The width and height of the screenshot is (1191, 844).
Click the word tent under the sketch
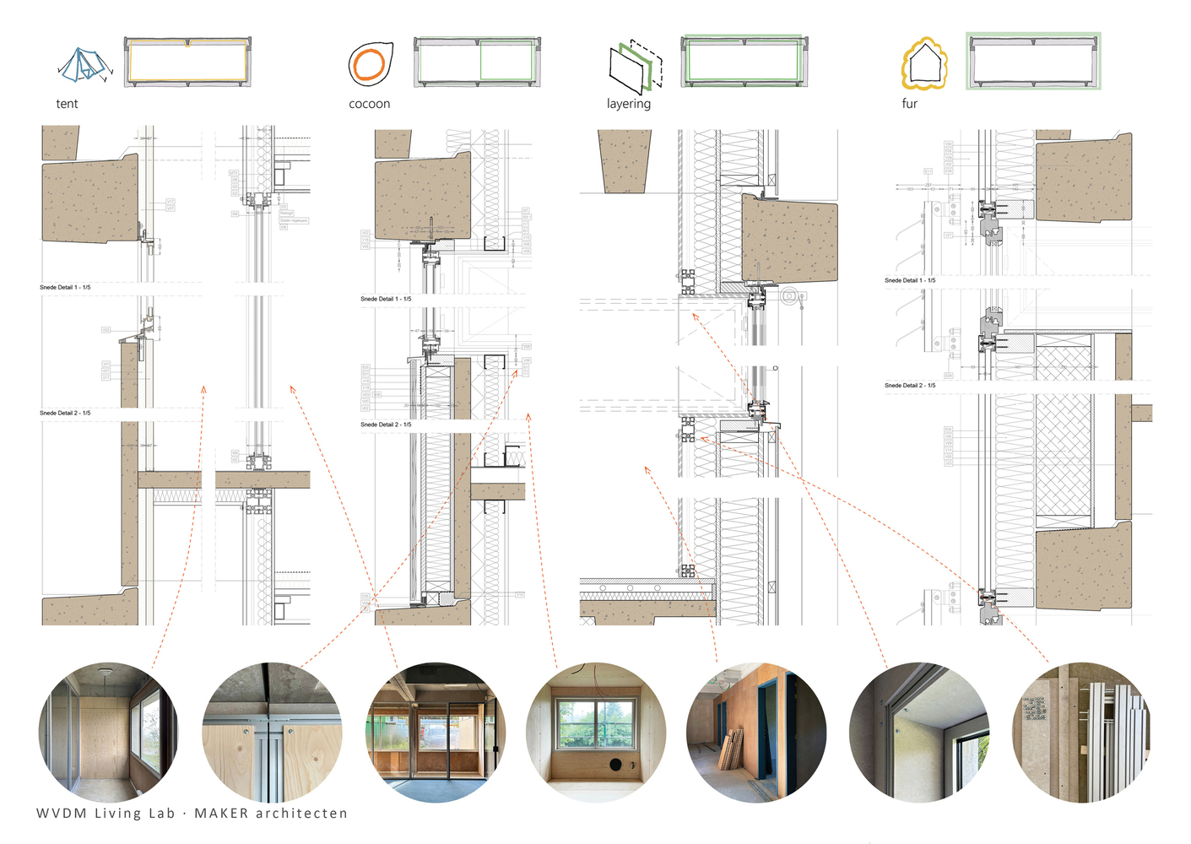tap(67, 104)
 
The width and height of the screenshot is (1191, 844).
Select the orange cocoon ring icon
tap(369, 64)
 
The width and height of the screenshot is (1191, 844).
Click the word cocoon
tap(369, 104)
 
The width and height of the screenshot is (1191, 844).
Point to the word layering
tap(628, 104)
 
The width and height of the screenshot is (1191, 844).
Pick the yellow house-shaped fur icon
tap(924, 64)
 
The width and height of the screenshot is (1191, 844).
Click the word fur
tap(909, 104)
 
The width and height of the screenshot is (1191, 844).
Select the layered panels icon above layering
tap(635, 66)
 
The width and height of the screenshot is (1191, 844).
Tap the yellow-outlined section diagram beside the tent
tap(187, 62)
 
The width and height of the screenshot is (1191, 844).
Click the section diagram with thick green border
tap(1033, 62)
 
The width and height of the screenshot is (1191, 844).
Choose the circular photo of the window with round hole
tap(596, 732)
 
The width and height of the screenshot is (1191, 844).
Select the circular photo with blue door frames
tap(756, 732)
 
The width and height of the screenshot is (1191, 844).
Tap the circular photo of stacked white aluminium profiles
tap(1081, 732)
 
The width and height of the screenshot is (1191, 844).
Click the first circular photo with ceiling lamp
tap(108, 732)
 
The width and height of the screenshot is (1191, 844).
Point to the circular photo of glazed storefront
tap(436, 732)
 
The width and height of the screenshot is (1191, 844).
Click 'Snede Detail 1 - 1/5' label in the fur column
tap(909, 280)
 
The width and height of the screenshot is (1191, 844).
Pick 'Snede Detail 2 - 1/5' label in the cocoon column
tap(386, 425)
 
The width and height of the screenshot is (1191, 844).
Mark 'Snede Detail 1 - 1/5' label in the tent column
tap(65, 288)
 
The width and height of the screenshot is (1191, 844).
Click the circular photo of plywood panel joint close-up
tap(272, 732)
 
